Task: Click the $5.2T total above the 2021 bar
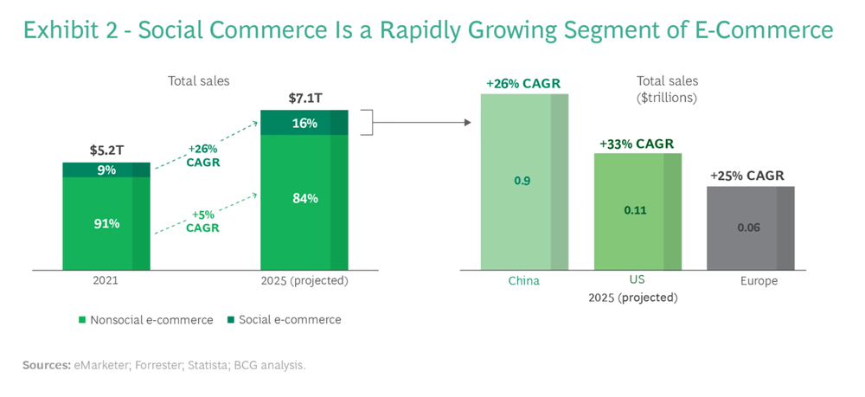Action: [x=106, y=150]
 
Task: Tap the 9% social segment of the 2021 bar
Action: [x=106, y=170]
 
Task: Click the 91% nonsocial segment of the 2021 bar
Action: [x=106, y=223]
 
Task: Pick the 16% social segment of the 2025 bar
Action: [x=304, y=123]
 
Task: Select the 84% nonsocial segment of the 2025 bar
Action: [x=304, y=198]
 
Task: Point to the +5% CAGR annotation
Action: [x=202, y=222]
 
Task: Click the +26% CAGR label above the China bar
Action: [x=523, y=84]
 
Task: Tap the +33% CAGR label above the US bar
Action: [x=637, y=144]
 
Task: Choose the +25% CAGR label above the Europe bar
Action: [x=747, y=176]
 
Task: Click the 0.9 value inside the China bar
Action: [x=522, y=181]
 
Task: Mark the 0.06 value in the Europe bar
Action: [x=748, y=227]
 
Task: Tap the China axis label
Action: [x=522, y=281]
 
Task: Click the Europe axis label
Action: [x=759, y=281]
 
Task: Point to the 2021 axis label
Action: [x=106, y=281]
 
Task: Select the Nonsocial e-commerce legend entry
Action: [x=145, y=320]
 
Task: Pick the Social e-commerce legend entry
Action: [x=286, y=320]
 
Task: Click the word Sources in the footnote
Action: [x=46, y=366]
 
